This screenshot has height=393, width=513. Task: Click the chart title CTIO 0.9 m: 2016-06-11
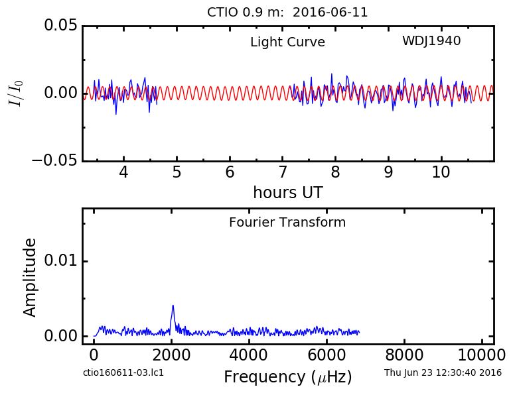coord(287,13)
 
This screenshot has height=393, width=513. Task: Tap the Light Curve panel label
coord(287,42)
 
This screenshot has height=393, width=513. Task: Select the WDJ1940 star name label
coord(431,41)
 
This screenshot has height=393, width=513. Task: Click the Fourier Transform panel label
coord(287,223)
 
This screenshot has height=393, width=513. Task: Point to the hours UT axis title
coord(288,192)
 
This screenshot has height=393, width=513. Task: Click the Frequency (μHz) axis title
coord(288,377)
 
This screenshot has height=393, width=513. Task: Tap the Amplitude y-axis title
coord(30,278)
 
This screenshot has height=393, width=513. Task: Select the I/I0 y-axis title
coord(16,93)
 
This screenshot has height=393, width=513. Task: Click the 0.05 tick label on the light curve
coord(61,25)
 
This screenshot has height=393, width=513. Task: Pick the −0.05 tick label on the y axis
coord(54,160)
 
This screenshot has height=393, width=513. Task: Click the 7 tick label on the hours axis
coord(283,172)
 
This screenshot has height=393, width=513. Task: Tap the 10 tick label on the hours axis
coord(441,172)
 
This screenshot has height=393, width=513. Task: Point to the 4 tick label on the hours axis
coord(123,172)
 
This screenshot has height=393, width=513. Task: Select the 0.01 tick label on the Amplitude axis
coord(61,260)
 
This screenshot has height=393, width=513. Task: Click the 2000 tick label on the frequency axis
coord(171,355)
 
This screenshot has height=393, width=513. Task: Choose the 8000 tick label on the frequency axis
coord(404,355)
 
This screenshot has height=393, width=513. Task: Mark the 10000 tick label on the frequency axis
coord(482,355)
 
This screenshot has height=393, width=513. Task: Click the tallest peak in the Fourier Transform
coord(173,306)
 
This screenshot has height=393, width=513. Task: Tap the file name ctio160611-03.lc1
coord(123,372)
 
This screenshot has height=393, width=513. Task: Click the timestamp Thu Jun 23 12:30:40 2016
coord(443,372)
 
